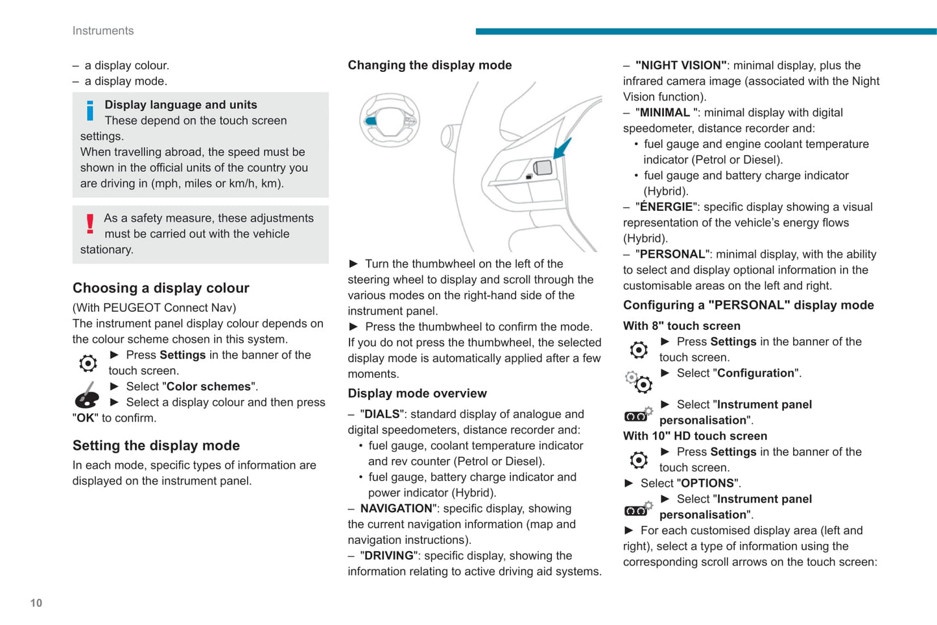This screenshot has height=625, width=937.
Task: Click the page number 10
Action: pos(36,603)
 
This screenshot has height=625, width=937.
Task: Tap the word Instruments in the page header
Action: pos(103,30)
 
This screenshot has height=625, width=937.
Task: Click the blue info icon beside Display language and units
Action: pos(89,111)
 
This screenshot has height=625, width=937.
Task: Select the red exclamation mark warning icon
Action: pos(89,224)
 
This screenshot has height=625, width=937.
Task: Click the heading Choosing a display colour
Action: pos(161,288)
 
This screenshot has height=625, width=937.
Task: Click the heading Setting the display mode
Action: pos(156,445)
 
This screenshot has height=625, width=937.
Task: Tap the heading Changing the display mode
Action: pos(429,65)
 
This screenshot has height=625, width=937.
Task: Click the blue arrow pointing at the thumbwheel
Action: pos(563,148)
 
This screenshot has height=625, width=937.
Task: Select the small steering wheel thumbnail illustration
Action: pos(390,120)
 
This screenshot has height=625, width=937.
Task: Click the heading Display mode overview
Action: pos(417,394)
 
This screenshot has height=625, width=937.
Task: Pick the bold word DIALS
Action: pos(383,414)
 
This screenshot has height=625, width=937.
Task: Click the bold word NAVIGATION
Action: pos(396,509)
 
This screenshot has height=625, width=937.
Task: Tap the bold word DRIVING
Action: pos(388,556)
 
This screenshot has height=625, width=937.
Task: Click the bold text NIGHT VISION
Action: pos(680,65)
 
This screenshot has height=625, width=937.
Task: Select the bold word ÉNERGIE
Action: pos(666,207)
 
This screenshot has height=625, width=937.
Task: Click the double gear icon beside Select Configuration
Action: pos(639,381)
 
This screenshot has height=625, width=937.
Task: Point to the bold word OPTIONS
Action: pos(707,484)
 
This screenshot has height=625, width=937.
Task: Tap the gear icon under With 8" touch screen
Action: pos(639,350)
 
